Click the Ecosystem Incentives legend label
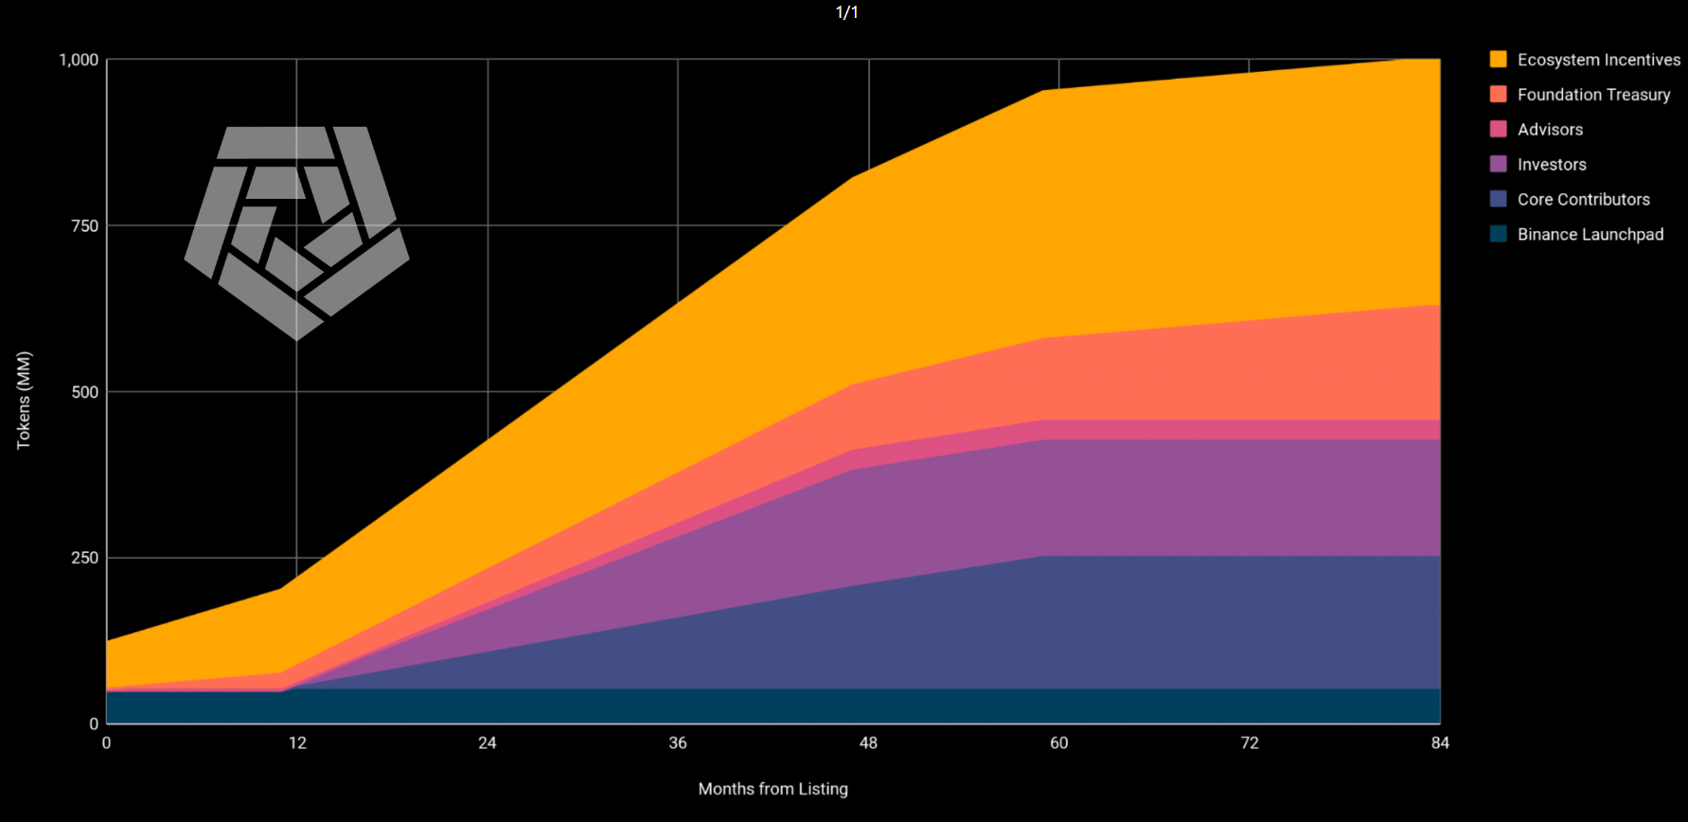pos(1598,60)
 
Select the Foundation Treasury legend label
pos(1593,95)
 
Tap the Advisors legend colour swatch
pos(1498,129)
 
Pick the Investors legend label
pos(1552,165)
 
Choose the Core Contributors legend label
pos(1583,200)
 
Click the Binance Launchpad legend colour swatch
pos(1498,234)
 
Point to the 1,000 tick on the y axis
pos(79,60)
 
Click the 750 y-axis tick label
pos(84,225)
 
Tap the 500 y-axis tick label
pos(84,392)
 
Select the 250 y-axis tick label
pos(84,558)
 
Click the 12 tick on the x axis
pos(297,742)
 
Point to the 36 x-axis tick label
pos(678,742)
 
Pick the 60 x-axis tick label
pos(1058,742)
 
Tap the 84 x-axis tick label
pos(1439,742)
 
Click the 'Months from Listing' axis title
pos(773,789)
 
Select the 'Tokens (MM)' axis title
pos(24,400)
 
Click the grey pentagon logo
pos(297,232)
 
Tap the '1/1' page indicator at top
pos(846,12)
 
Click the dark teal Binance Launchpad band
pos(757,706)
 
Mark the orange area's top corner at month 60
pos(1042,90)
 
